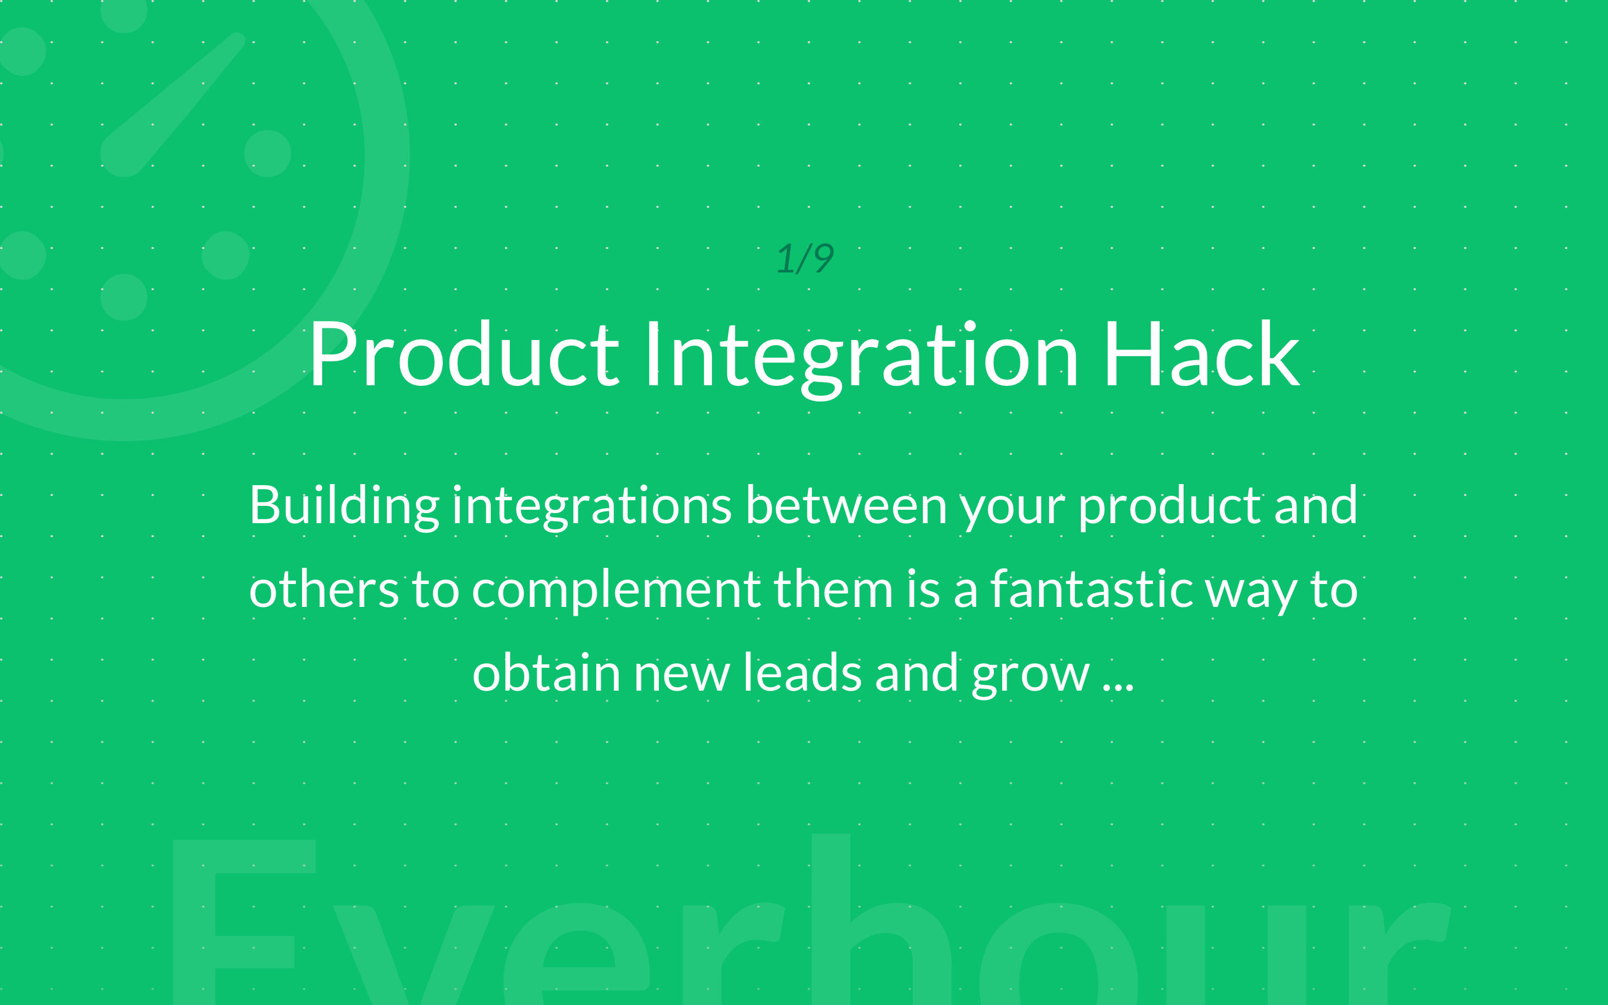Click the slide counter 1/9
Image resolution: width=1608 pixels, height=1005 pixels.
click(x=805, y=259)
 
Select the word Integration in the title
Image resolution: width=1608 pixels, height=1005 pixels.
click(x=861, y=360)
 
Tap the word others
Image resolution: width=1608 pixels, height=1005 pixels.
click(x=324, y=590)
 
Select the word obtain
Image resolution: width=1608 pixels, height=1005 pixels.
click(x=546, y=673)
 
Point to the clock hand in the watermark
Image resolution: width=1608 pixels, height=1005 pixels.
click(x=173, y=104)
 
